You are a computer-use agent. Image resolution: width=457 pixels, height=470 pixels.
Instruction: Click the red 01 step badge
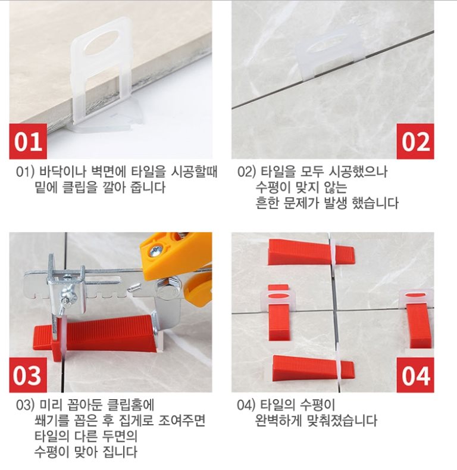28,141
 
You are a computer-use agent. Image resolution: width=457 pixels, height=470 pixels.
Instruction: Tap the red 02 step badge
415,141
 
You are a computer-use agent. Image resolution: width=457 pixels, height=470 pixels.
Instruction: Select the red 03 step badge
28,375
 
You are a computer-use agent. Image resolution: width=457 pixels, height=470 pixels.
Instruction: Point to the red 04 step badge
415,375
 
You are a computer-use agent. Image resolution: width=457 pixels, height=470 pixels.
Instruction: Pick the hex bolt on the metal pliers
167,291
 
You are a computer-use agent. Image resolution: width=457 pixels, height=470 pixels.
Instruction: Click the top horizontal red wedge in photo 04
311,253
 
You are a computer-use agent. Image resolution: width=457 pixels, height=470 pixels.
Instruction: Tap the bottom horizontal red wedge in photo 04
313,368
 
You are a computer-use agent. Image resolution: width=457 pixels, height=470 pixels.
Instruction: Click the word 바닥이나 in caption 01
64,172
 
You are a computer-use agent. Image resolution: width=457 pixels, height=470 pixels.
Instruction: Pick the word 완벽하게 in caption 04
278,421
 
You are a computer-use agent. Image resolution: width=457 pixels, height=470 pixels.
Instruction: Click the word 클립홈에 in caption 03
130,405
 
